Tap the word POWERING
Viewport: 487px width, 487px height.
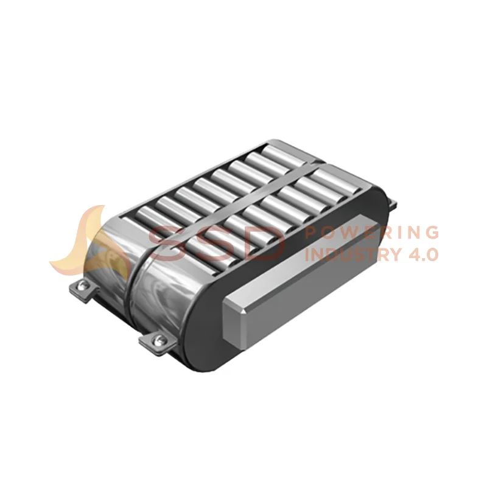[x=371, y=233]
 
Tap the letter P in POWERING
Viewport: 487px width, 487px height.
[x=312, y=233]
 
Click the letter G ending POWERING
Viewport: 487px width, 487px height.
[x=430, y=233]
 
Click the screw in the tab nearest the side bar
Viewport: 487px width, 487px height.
[x=158, y=339]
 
